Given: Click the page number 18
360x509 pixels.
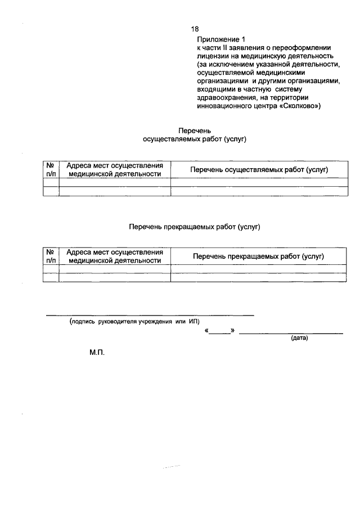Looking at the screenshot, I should click(x=195, y=29).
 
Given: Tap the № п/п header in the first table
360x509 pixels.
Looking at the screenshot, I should click(x=51, y=169).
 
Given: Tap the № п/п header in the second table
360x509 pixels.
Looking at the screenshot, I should click(x=51, y=256).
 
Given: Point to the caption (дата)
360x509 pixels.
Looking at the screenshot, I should click(x=299, y=339).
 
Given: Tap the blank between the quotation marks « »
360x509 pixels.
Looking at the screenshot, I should click(x=220, y=332).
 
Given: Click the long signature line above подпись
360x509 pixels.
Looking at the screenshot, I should click(x=150, y=316).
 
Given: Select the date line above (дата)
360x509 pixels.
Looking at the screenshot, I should click(x=291, y=334).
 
